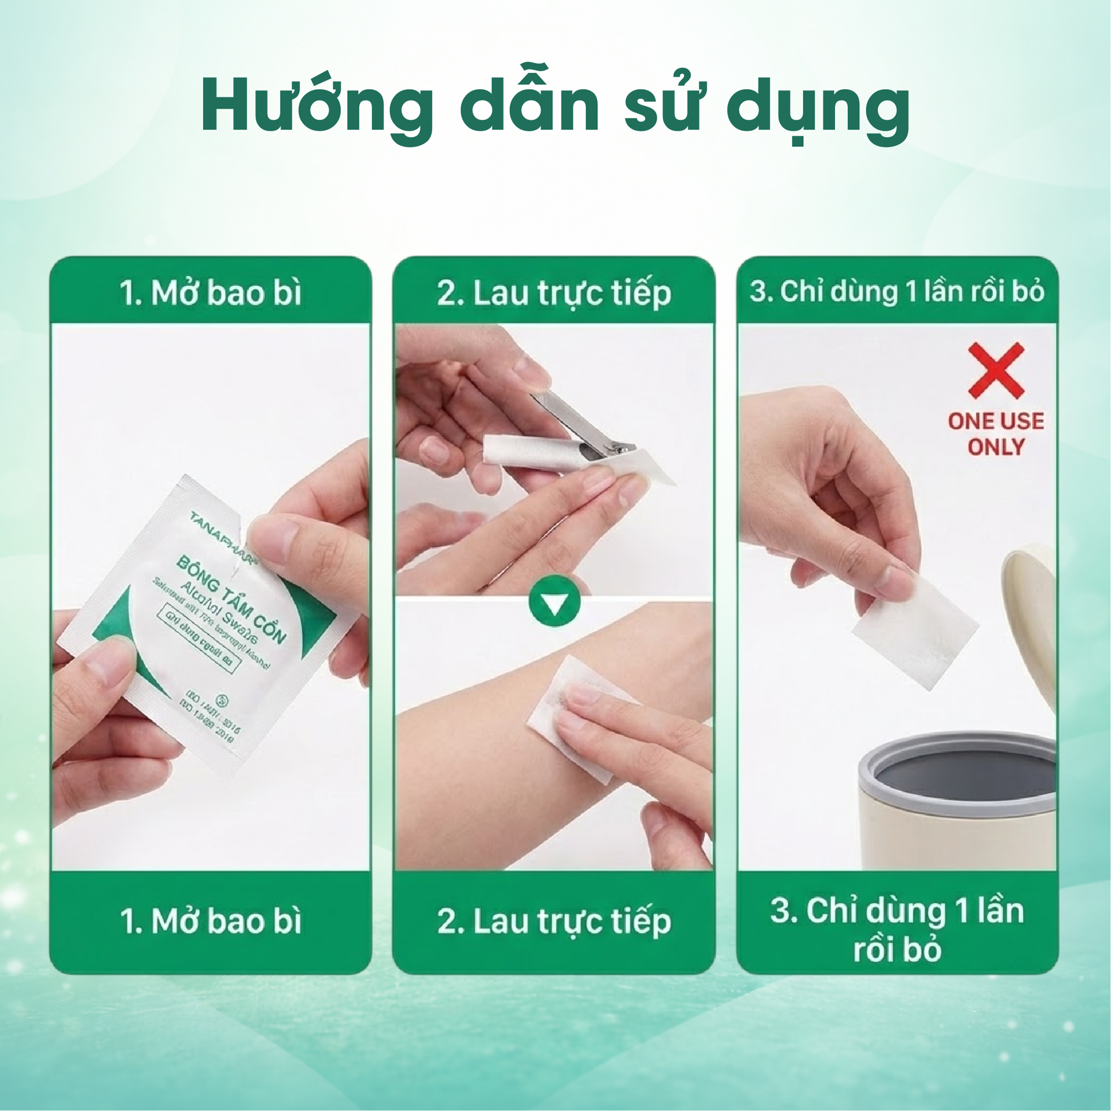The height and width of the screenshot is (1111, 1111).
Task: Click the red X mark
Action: coord(995,370)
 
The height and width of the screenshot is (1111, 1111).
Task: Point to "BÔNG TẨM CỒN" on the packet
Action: coord(231,599)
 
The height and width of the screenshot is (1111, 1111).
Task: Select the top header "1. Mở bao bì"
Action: coord(211,292)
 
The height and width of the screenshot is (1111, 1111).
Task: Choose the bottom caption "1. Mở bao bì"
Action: coord(211,921)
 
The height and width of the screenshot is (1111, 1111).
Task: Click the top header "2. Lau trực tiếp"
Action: coord(554,292)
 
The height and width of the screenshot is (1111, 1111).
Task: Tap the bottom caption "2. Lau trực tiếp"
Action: coord(554,921)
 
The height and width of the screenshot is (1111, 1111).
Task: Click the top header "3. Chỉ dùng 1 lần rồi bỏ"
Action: coord(897,291)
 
